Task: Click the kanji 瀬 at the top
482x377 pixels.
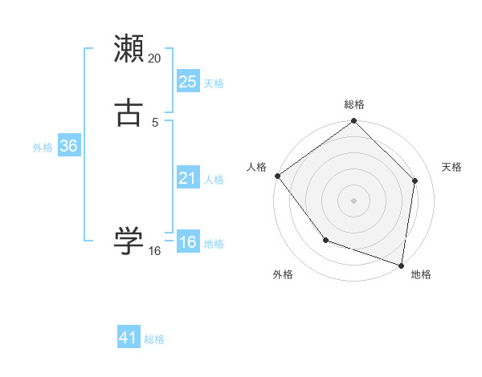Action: (129, 48)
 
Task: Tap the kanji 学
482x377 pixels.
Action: (129, 240)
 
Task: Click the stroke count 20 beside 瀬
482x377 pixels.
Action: (155, 58)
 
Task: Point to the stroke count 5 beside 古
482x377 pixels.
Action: (155, 122)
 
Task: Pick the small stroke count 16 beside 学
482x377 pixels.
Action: (155, 250)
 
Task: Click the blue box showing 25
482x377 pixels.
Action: (188, 82)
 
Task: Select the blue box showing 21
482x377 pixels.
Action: (188, 178)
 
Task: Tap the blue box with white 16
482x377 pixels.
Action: (188, 243)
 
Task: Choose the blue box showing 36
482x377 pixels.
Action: (68, 146)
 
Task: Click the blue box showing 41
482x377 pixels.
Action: (129, 338)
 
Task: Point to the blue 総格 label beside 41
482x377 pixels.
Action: (154, 339)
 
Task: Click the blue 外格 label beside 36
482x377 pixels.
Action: (43, 148)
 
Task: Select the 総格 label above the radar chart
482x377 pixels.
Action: (353, 104)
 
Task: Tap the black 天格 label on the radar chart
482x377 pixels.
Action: (452, 167)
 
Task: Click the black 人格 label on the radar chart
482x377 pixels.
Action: (256, 167)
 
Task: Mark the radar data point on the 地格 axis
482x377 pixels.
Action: (402, 266)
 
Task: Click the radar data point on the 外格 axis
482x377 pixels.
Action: (325, 240)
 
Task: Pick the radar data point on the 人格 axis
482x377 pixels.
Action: (277, 176)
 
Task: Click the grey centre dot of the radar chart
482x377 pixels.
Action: (353, 200)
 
